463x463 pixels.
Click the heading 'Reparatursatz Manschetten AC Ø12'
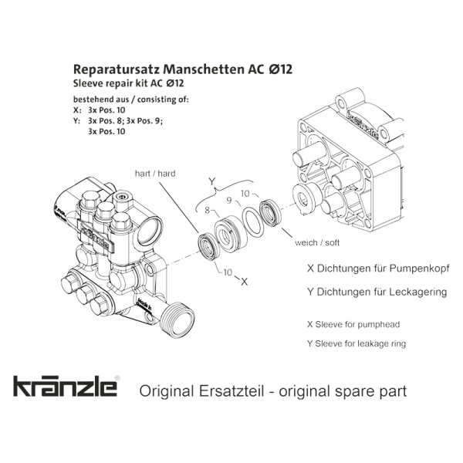click(x=183, y=69)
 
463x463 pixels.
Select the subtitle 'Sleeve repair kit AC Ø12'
click(x=128, y=83)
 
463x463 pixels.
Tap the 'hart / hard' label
click(x=155, y=174)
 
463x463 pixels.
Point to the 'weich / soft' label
click(x=317, y=242)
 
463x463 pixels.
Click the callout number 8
click(x=208, y=210)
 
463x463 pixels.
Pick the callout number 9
click(x=229, y=201)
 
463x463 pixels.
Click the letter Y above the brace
click(x=212, y=181)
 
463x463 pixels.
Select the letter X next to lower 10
click(x=244, y=282)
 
